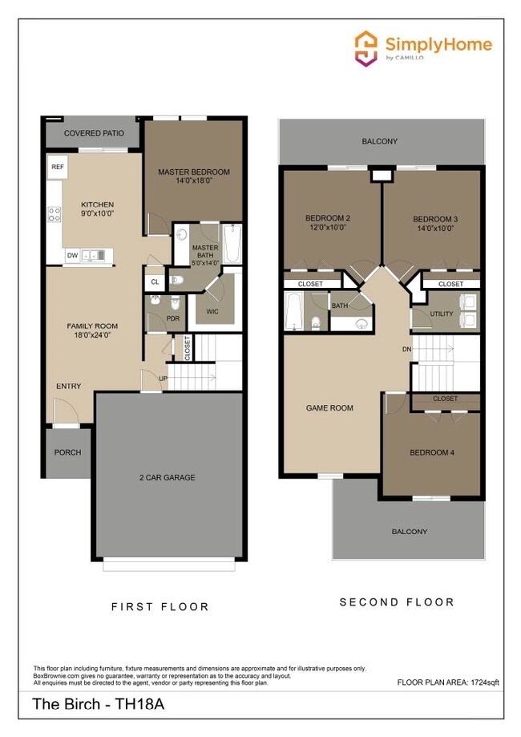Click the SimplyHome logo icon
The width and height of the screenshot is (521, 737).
[366, 47]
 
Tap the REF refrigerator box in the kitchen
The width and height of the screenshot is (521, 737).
[57, 167]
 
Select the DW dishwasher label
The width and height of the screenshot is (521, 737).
[73, 256]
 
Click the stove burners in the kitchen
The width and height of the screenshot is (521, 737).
[55, 214]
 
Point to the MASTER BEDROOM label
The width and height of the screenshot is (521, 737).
[194, 172]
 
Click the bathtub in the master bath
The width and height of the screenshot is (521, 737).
[232, 243]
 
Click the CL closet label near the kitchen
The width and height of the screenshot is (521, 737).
[155, 282]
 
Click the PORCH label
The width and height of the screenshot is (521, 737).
[67, 452]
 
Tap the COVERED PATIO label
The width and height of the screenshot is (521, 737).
[94, 133]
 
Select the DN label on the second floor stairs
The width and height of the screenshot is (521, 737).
[407, 350]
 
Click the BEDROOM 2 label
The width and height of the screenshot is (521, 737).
[327, 218]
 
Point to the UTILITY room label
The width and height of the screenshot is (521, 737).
[441, 314]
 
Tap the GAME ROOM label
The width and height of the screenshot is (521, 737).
[329, 407]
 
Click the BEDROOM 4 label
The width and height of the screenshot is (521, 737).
[432, 452]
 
